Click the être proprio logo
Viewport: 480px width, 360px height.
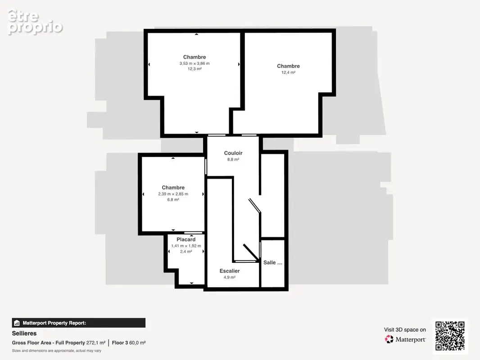[x=35, y=22]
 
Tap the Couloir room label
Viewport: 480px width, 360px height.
[x=233, y=153]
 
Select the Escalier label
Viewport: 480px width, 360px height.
[x=230, y=271]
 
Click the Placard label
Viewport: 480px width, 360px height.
[x=186, y=239]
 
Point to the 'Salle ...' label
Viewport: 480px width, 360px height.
[x=273, y=262]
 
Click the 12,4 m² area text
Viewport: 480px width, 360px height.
[x=288, y=72]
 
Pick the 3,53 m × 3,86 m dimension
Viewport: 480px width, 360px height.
[x=195, y=63]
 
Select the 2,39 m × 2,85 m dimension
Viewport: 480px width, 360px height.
[x=173, y=194]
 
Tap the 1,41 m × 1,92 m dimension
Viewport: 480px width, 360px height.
[x=186, y=246]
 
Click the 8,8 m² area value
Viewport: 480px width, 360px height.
[x=233, y=159]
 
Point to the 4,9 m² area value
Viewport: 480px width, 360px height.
[x=230, y=277]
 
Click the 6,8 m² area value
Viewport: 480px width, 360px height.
[x=173, y=200]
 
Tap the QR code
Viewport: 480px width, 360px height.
[x=450, y=336]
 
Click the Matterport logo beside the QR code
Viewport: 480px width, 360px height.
[x=405, y=339]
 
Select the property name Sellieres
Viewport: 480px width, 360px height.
[x=24, y=333]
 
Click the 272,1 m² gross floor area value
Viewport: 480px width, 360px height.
[x=96, y=343]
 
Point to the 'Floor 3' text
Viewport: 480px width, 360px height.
[x=120, y=343]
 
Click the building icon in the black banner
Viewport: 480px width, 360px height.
[x=17, y=323]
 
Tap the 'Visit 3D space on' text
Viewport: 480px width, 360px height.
[x=405, y=330]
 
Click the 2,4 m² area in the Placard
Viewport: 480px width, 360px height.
[x=186, y=252]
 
